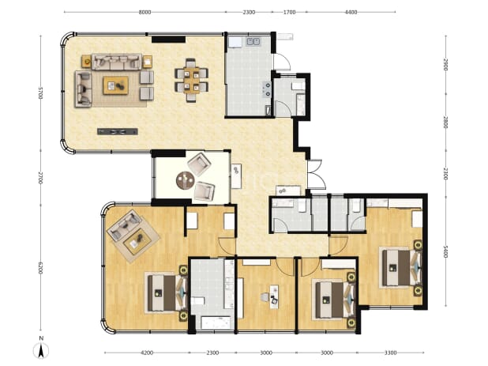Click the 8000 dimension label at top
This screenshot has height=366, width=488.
point(145,12)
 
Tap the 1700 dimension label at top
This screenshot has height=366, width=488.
point(289,12)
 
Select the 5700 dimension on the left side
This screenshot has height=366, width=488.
point(39,92)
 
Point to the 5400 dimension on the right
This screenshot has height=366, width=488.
point(445,251)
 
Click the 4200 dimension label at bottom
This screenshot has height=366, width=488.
point(147,353)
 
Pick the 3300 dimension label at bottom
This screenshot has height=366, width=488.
point(390,353)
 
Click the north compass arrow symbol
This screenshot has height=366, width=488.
point(41,350)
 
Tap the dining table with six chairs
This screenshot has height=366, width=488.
point(191,80)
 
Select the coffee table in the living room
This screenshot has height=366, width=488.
point(116,85)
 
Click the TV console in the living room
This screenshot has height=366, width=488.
point(118,131)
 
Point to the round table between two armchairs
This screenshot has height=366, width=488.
point(186,180)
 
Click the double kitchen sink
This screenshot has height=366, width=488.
point(253,41)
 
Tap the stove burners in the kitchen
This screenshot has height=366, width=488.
point(267,89)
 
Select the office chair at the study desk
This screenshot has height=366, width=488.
point(265,297)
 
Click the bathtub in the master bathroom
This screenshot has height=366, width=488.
point(217,323)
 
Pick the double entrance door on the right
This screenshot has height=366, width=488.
point(317,175)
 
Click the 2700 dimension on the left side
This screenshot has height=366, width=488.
point(39,178)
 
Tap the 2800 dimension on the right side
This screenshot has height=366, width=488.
point(445,122)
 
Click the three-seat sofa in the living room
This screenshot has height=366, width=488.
point(116,62)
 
